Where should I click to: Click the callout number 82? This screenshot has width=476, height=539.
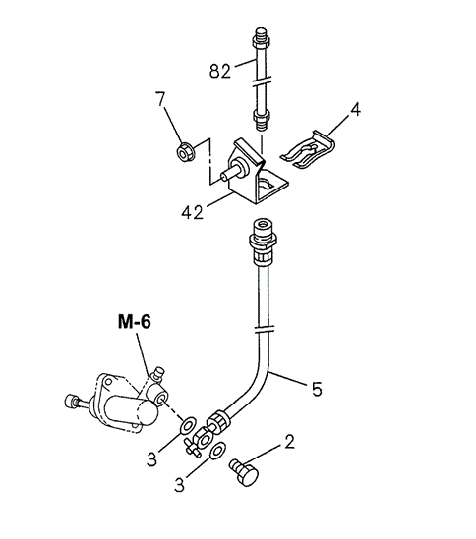tap(219, 71)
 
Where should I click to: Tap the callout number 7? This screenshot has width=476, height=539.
tap(160, 99)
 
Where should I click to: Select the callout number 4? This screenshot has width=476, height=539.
tap(355, 109)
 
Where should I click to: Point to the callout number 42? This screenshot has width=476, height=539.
tap(192, 213)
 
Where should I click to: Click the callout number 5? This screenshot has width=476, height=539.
tap(317, 389)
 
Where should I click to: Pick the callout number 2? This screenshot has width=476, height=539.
tap(290, 442)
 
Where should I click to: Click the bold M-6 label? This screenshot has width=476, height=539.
tap(135, 322)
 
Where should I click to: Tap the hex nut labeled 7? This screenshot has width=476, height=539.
tap(186, 152)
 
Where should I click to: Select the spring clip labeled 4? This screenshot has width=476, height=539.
tap(308, 150)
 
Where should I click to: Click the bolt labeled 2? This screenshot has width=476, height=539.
tap(244, 472)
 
